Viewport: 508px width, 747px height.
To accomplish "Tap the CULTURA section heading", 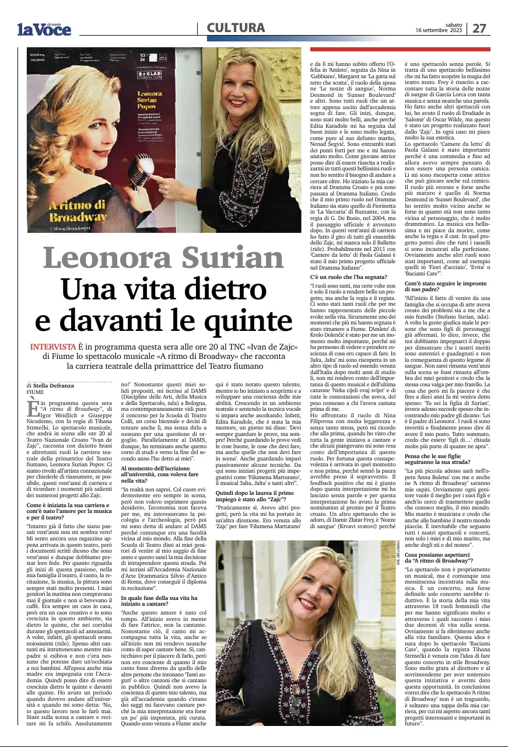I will pyautogui.click(x=236, y=27).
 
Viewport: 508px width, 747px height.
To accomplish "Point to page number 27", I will pyautogui.click(x=479, y=28).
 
